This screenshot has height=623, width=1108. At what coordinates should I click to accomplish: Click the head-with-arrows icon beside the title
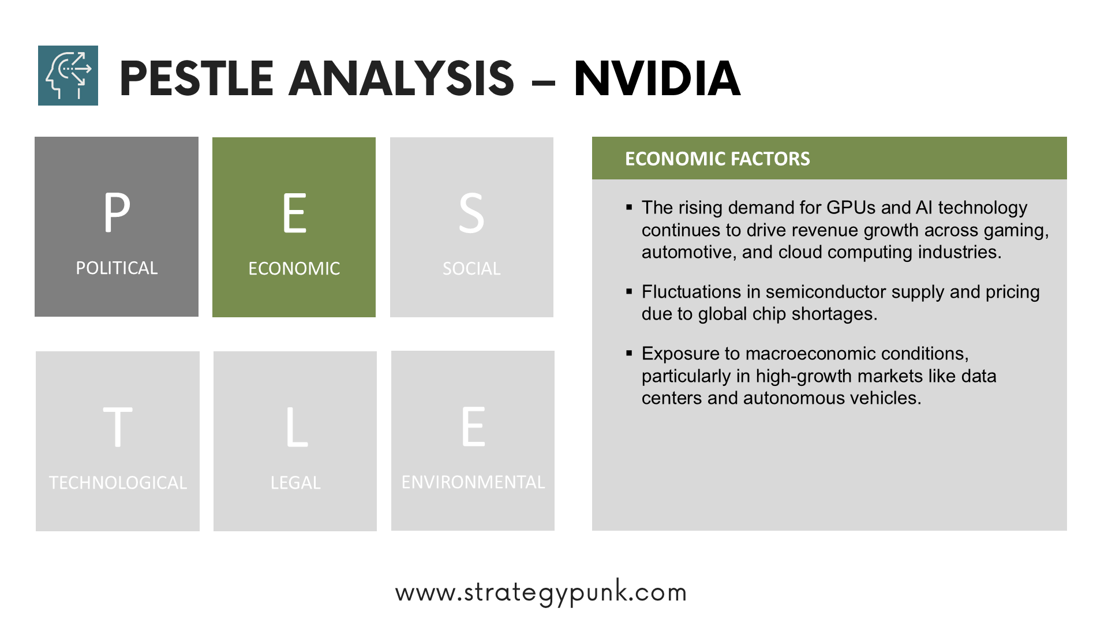pyautogui.click(x=68, y=76)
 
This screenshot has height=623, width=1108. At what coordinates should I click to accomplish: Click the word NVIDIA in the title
pyautogui.click(x=657, y=78)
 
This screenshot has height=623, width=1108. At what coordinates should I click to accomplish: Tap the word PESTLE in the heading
pyautogui.click(x=196, y=78)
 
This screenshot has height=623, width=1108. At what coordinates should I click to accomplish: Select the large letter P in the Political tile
pyautogui.click(x=117, y=212)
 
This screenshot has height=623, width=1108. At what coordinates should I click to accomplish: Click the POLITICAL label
pyautogui.click(x=117, y=268)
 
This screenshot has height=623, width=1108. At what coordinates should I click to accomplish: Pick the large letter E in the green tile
pyautogui.click(x=294, y=213)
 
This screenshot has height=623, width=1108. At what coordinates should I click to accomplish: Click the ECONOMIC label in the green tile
pyautogui.click(x=294, y=268)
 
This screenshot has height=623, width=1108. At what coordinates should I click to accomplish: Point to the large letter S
pyautogui.click(x=471, y=213)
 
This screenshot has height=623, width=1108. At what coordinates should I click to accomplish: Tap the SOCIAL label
pyautogui.click(x=471, y=268)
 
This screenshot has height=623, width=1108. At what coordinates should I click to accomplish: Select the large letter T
pyautogui.click(x=118, y=427)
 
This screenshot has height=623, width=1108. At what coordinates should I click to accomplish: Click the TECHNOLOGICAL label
pyautogui.click(x=118, y=482)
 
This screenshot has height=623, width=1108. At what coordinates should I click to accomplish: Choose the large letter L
pyautogui.click(x=297, y=427)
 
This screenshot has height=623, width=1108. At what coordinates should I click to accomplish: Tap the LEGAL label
pyautogui.click(x=295, y=482)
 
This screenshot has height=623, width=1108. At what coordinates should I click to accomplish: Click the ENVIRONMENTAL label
pyautogui.click(x=473, y=482)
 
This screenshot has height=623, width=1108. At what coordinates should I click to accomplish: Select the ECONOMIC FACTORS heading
pyautogui.click(x=717, y=159)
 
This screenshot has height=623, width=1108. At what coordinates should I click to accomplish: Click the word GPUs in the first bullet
pyautogui.click(x=851, y=208)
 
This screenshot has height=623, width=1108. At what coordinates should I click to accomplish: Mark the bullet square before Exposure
pyautogui.click(x=629, y=353)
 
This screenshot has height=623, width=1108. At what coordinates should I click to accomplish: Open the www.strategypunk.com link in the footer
pyautogui.click(x=541, y=592)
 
